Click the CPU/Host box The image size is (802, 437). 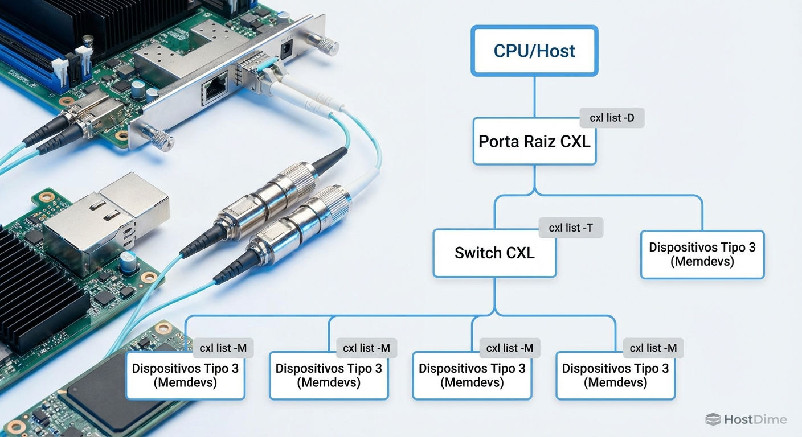click(x=534, y=51)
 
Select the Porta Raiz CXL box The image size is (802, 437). click(x=534, y=142)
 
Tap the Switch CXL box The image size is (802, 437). click(x=494, y=253)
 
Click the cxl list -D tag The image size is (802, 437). click(x=612, y=118)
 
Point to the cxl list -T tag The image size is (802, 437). click(x=571, y=228)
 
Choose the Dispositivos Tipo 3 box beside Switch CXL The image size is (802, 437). click(x=702, y=254)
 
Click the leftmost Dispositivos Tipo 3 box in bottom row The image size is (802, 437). click(x=185, y=375)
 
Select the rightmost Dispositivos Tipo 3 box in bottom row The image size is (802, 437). click(x=615, y=375)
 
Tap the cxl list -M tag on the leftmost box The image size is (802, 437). click(x=223, y=348)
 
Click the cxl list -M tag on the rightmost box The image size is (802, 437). click(x=653, y=348)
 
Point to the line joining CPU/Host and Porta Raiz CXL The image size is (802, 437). click(x=534, y=97)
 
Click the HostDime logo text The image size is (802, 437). click(x=755, y=420)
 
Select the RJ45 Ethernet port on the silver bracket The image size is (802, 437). click(x=215, y=89)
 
